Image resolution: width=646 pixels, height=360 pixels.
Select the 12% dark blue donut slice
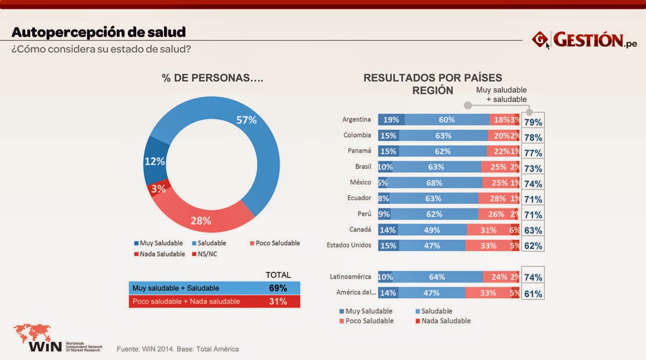(x=155, y=161)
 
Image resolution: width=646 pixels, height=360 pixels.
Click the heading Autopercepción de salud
(x=99, y=32)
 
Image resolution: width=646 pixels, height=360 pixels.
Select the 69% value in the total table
(x=278, y=288)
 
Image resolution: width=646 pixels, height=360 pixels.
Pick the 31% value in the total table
(x=278, y=301)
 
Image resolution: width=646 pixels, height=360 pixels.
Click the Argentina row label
(x=357, y=119)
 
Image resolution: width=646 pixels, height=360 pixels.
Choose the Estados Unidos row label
(x=349, y=245)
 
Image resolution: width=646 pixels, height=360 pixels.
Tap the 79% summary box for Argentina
(x=533, y=122)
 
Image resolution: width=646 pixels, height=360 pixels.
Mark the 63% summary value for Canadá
(x=533, y=230)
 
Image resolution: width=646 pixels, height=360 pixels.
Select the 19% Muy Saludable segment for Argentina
(x=391, y=120)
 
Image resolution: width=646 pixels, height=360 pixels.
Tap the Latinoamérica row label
(x=350, y=277)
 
